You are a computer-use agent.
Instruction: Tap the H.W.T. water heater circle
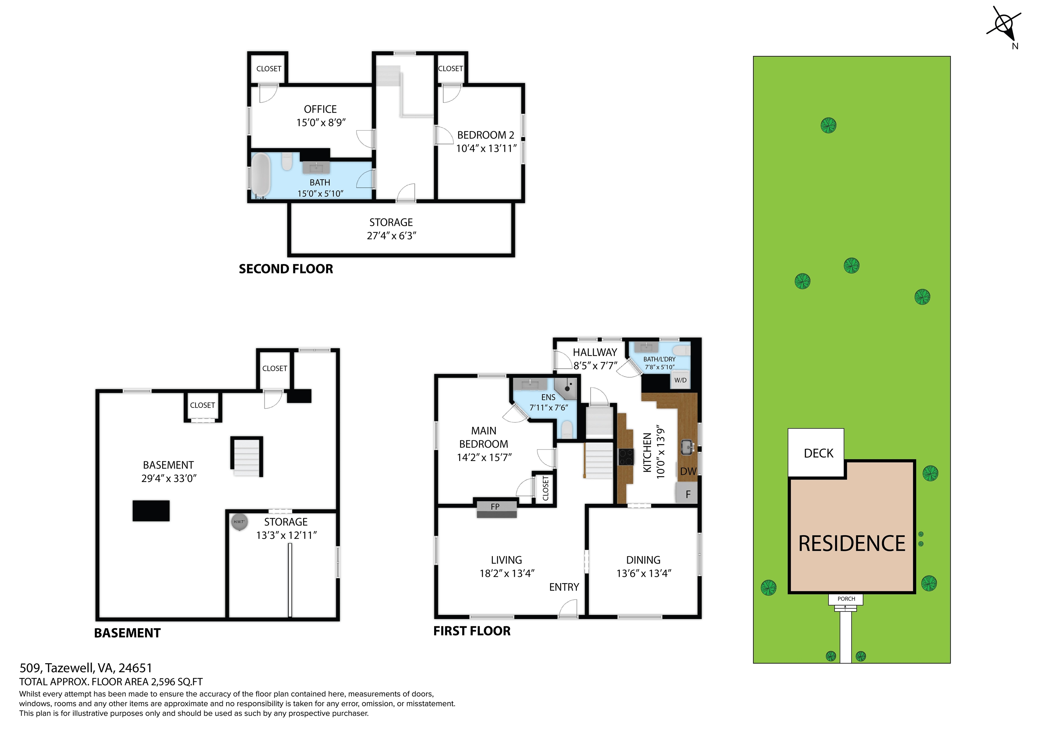(239, 522)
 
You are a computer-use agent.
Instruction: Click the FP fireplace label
(496, 507)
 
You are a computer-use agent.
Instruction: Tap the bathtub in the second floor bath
(261, 175)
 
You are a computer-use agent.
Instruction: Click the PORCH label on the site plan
(846, 599)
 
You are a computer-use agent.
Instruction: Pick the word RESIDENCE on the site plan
(852, 543)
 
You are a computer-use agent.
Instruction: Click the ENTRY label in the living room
(564, 587)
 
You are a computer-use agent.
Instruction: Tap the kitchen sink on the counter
(687, 447)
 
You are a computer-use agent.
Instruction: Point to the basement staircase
(247, 457)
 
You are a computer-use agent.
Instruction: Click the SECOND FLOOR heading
(286, 269)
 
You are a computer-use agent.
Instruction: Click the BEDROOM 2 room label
(485, 135)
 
